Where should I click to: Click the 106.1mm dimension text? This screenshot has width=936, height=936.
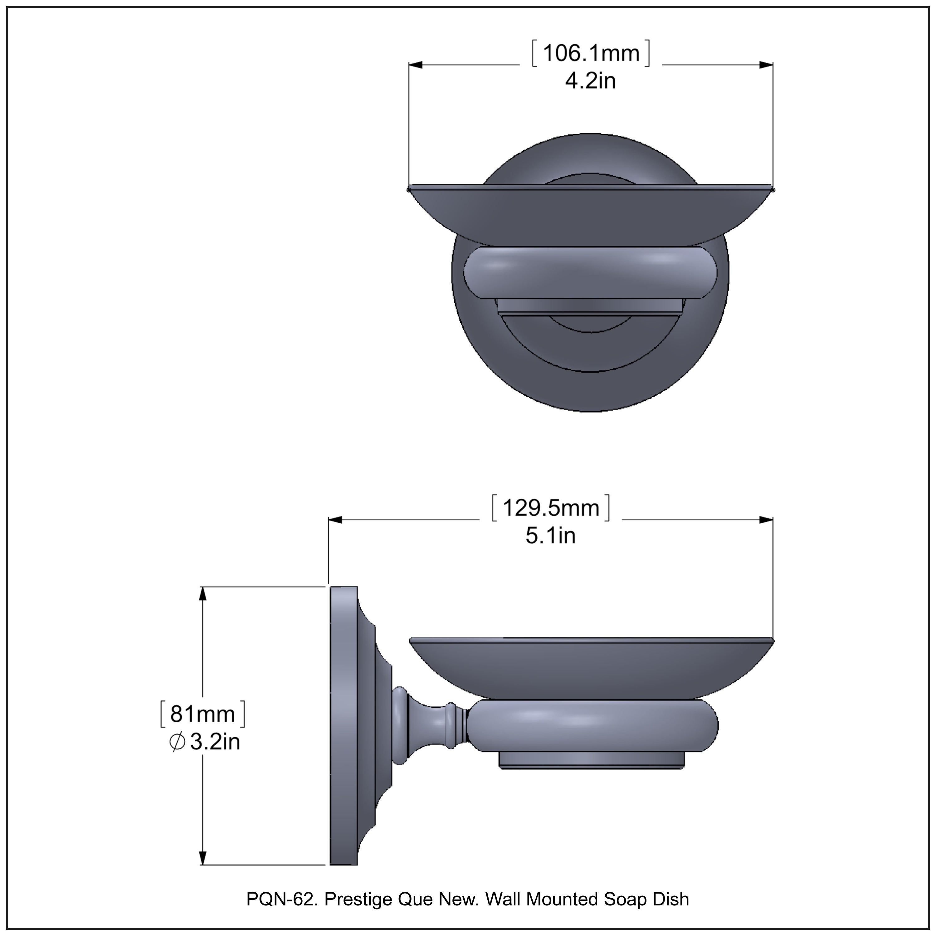tap(591, 53)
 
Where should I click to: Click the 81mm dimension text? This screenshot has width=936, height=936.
tap(202, 714)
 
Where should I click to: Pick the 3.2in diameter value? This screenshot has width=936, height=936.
tap(215, 742)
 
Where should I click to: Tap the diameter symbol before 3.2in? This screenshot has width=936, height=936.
tap(177, 742)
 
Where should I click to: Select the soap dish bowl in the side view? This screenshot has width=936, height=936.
tap(591, 669)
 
